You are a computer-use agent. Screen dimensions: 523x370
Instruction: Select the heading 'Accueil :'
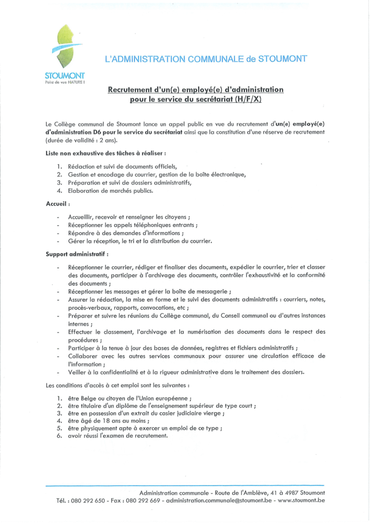[58, 204]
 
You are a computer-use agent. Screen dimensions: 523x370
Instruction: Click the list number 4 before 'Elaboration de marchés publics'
[59, 191]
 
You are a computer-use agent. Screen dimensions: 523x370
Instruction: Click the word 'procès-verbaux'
[88, 308]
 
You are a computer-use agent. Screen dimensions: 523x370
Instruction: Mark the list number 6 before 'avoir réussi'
[59, 436]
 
